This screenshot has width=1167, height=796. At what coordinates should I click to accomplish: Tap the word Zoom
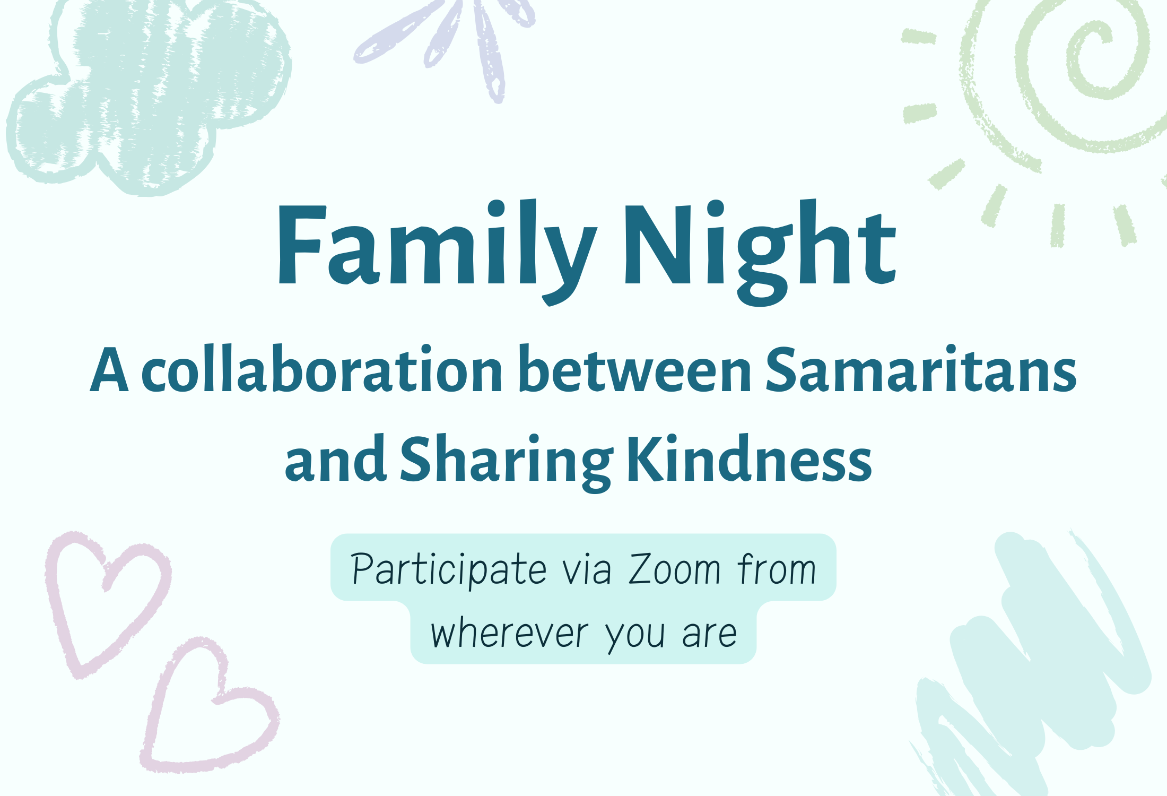pos(674,570)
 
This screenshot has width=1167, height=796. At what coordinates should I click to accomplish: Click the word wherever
pos(509,634)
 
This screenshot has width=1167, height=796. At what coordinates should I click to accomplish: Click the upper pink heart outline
pos(106,600)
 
